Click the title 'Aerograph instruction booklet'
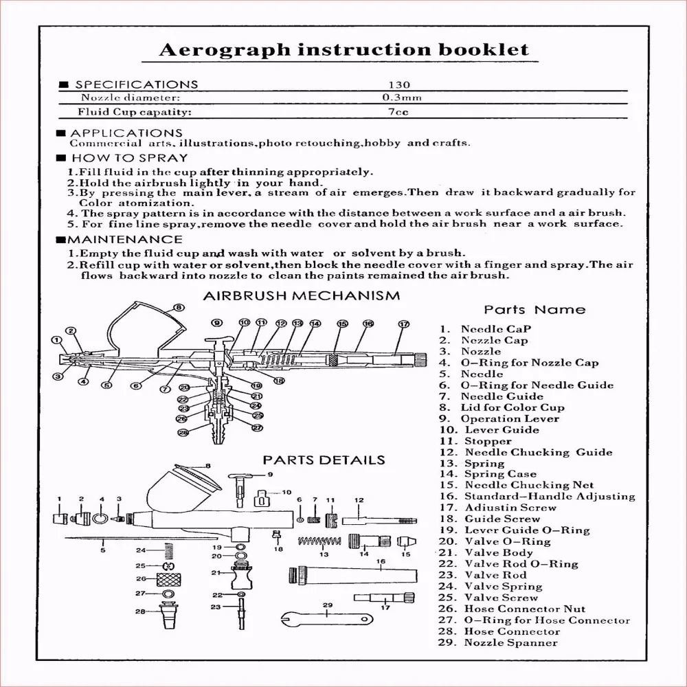tap(344, 49)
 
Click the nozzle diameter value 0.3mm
tap(402, 98)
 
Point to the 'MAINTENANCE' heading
tap(124, 240)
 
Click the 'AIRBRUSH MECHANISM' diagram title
tap(302, 296)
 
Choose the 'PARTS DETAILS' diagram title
tap(324, 460)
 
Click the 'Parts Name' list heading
tap(534, 310)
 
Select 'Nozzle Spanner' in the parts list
tap(511, 643)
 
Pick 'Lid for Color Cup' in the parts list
tap(513, 407)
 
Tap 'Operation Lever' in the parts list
tap(510, 418)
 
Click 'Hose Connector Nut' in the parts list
tap(525, 609)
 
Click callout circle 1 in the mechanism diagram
tap(56, 339)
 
